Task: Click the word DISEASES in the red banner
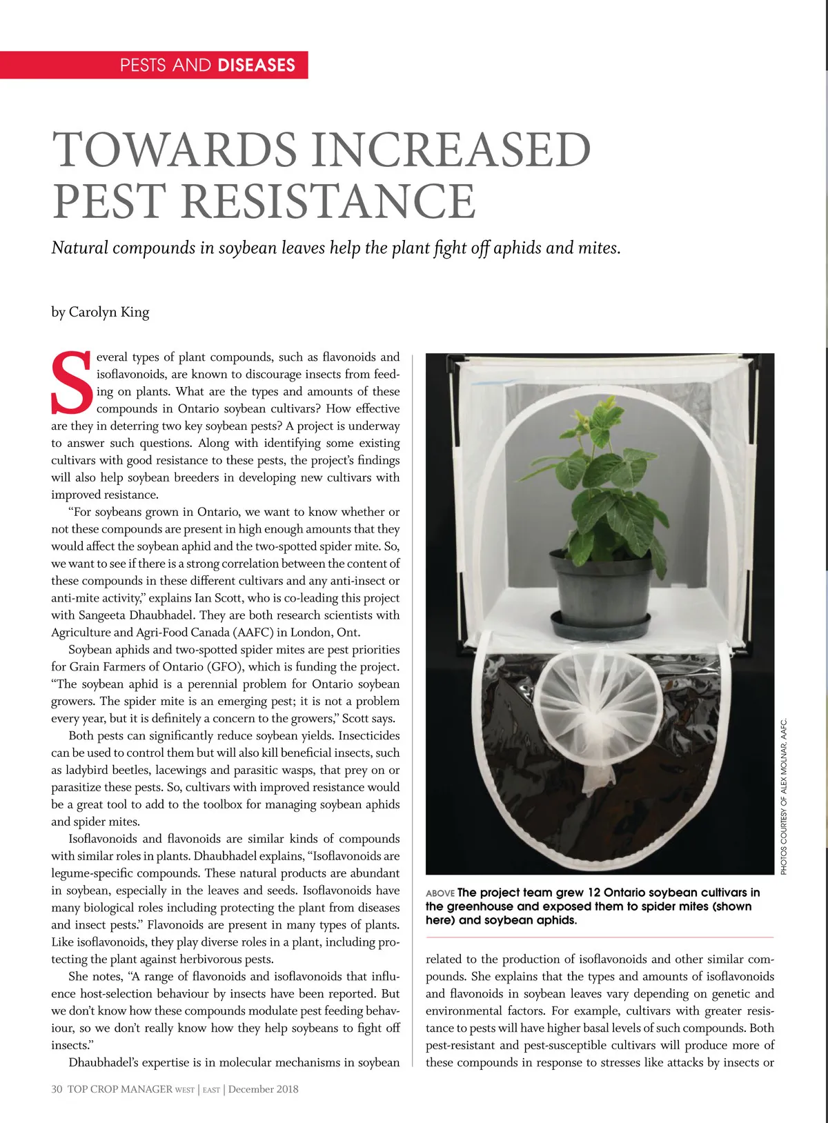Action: tap(256, 66)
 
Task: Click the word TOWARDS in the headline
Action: tap(175, 150)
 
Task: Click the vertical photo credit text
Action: tap(784, 797)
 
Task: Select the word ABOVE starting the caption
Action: tap(440, 893)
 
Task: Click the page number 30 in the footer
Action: tap(57, 1089)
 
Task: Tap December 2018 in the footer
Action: tap(264, 1089)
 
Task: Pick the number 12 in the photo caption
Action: tap(594, 893)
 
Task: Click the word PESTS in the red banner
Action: tap(144, 66)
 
